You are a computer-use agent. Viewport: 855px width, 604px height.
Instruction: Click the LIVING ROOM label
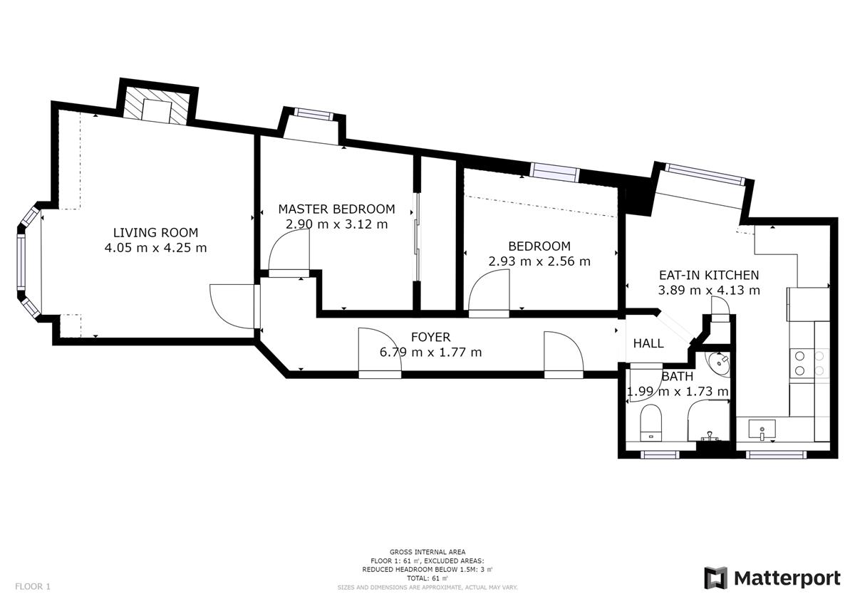point(156,232)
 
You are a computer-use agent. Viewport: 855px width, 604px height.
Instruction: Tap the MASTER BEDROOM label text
point(336,209)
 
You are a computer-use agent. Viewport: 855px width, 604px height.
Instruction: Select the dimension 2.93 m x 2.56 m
point(539,261)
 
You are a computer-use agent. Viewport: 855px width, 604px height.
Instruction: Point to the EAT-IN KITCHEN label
point(709,275)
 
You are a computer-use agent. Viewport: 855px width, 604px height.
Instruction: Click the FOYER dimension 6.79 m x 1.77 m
point(430,352)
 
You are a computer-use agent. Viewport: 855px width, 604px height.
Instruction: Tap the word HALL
point(648,344)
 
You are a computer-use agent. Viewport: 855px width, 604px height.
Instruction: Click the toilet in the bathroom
point(651,423)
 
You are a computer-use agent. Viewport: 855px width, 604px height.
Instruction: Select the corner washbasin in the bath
point(717,364)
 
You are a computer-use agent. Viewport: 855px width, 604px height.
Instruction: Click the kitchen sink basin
point(762,429)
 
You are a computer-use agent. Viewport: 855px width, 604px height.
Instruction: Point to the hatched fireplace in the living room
point(156,105)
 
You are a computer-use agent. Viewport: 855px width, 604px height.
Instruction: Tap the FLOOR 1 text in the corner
point(33,586)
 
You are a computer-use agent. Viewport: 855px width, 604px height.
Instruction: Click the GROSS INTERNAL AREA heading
point(427,552)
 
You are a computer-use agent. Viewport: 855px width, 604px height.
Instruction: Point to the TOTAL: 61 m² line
point(427,578)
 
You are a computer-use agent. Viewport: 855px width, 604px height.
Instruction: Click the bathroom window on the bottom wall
point(660,454)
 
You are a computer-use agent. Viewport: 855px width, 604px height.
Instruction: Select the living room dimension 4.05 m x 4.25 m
point(156,248)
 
